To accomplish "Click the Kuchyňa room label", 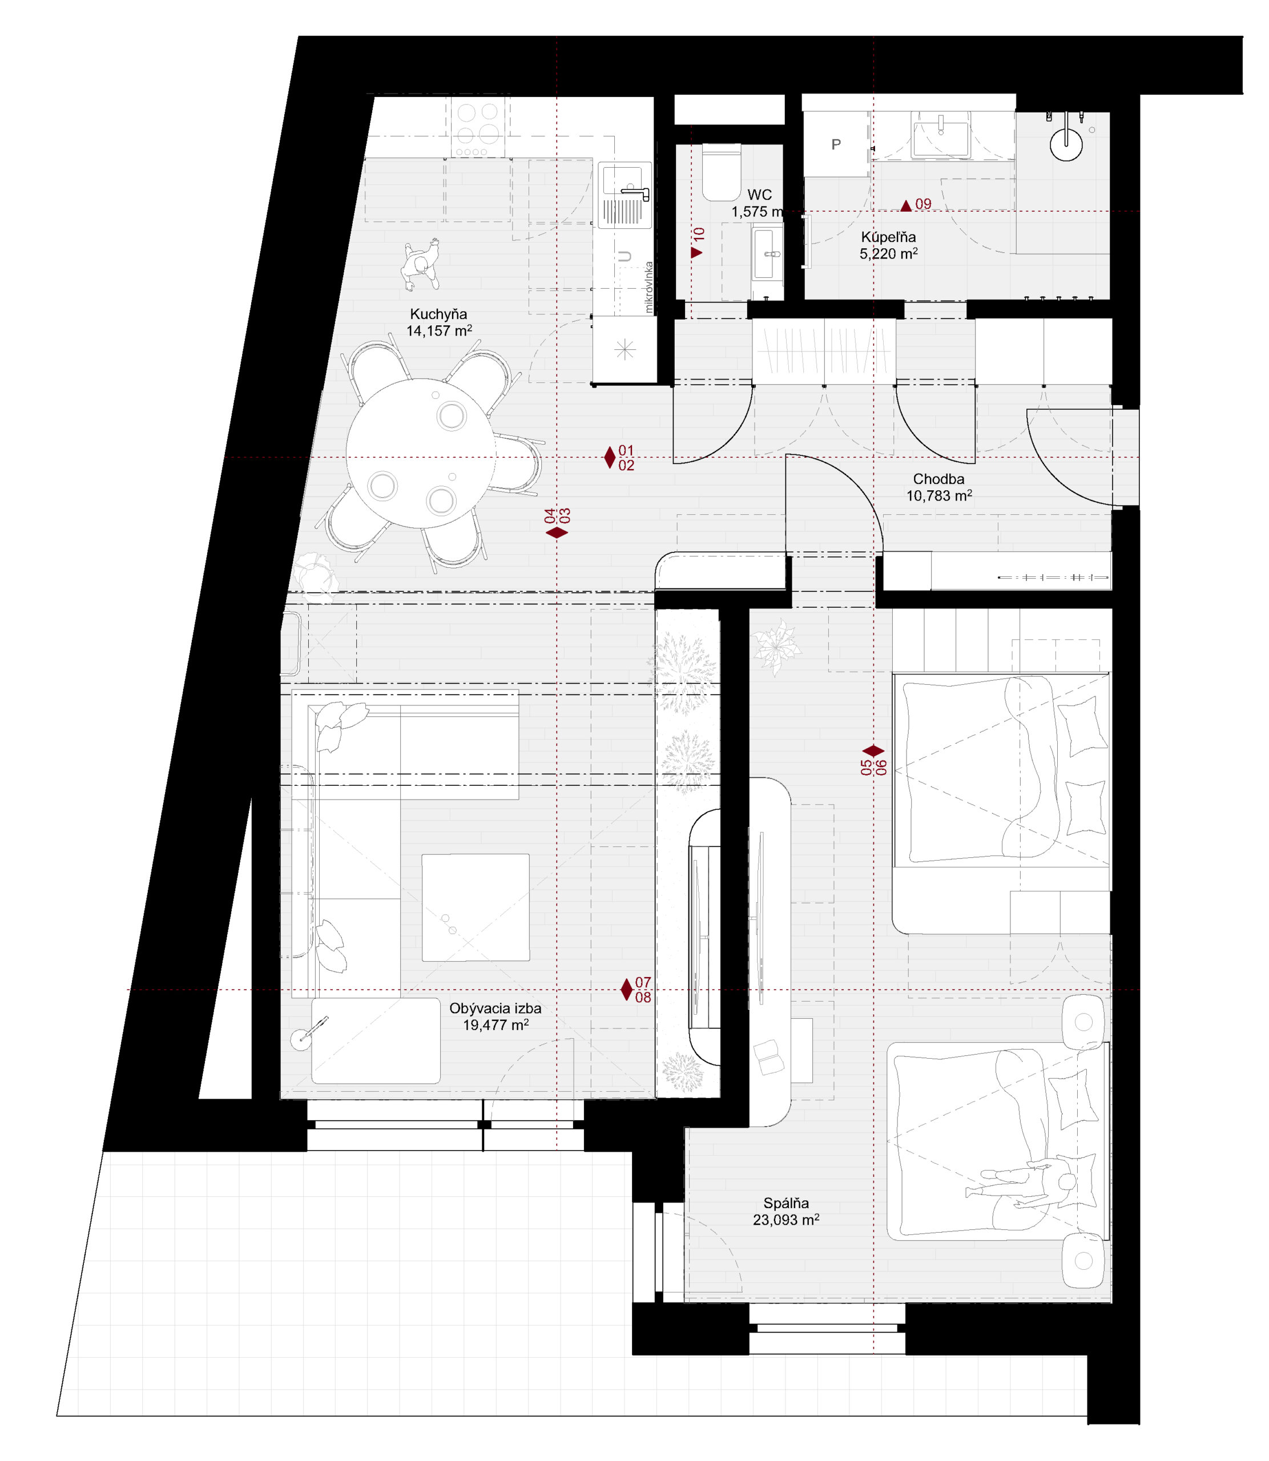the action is click(x=438, y=314).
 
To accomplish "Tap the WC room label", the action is click(x=759, y=195).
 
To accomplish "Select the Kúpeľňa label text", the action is click(x=888, y=237).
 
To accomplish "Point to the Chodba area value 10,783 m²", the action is click(x=939, y=496).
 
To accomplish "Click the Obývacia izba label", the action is click(x=495, y=1008).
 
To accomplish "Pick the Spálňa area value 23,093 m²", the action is click(x=786, y=1220).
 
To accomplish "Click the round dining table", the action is click(x=420, y=453).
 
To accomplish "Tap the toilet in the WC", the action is click(x=721, y=172).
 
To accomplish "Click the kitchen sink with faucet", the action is click(x=625, y=195).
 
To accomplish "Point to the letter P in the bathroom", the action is click(x=836, y=144).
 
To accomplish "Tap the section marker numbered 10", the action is click(x=698, y=242).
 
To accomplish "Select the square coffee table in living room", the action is click(x=475, y=907).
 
